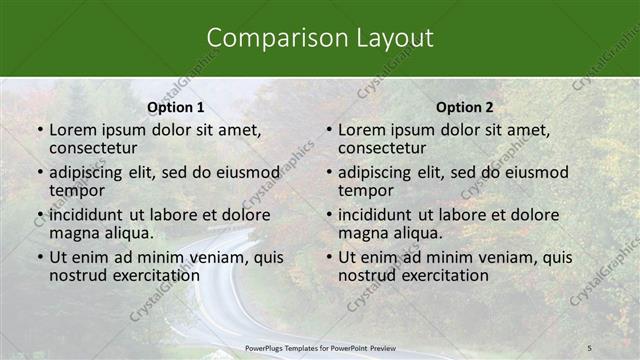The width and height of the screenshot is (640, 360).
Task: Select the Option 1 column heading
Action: tap(176, 107)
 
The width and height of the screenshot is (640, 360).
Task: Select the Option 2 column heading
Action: tap(465, 107)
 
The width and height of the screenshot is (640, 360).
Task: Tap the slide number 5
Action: tap(590, 346)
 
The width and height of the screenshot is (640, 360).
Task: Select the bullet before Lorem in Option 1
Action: tap(39, 130)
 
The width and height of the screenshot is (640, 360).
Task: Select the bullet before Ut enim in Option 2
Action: tap(328, 258)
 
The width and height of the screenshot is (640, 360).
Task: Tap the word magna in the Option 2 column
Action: tap(361, 233)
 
